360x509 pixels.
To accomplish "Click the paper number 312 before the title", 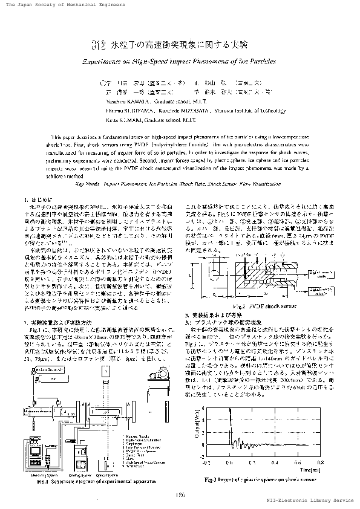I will (99, 44).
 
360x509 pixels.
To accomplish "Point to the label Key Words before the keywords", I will (89, 182).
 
